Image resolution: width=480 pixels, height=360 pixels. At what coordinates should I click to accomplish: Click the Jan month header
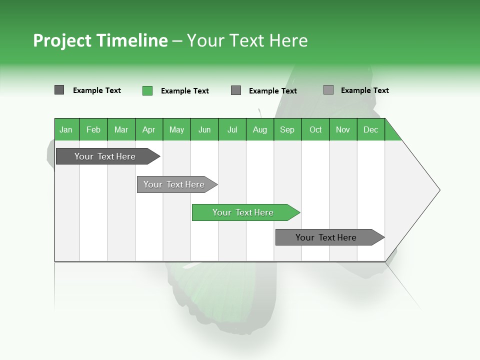point(66,130)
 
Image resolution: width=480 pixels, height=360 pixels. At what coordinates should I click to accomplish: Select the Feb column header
point(93,130)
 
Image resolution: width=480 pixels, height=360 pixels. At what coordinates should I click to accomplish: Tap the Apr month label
point(148,130)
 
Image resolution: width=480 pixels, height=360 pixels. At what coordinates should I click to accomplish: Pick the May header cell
point(176,130)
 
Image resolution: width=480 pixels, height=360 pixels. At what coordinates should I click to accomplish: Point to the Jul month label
point(232,130)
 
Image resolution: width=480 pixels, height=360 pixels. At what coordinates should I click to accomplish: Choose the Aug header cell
point(259,130)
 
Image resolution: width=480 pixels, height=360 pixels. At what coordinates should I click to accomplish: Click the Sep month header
point(287,130)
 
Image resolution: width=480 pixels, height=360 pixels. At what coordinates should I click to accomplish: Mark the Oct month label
point(315,130)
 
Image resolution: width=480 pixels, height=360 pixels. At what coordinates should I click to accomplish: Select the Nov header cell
point(343,130)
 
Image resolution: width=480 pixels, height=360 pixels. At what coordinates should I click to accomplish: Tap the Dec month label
point(370,130)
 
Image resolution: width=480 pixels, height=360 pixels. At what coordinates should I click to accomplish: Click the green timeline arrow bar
point(245,212)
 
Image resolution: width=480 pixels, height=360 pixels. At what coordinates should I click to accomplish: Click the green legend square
point(147,90)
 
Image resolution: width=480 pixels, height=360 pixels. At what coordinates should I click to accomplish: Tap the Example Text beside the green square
point(184,91)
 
